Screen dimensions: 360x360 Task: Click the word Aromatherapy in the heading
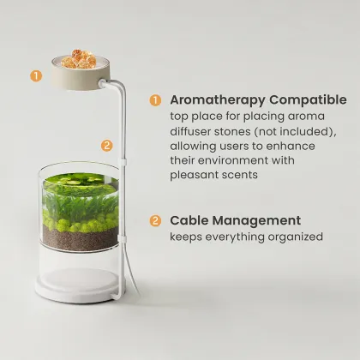pos(218,100)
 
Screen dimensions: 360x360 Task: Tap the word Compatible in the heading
pos(308,100)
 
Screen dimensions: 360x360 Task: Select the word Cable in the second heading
pos(189,220)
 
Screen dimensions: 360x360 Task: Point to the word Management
pos(256,221)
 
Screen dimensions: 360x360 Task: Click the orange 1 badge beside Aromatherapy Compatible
pos(155,100)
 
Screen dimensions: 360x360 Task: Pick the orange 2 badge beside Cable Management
pos(155,220)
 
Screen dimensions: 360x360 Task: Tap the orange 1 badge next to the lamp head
pos(36,75)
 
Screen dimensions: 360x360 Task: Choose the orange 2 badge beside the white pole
pos(107,146)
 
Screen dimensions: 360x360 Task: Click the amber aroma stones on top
pos(80,59)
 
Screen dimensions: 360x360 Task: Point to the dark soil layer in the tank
pos(80,238)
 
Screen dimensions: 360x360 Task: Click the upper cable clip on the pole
pos(123,163)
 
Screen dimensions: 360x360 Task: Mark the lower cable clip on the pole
pos(122,238)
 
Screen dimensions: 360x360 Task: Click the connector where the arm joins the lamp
pos(102,83)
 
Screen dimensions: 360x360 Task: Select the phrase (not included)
pos(295,131)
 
